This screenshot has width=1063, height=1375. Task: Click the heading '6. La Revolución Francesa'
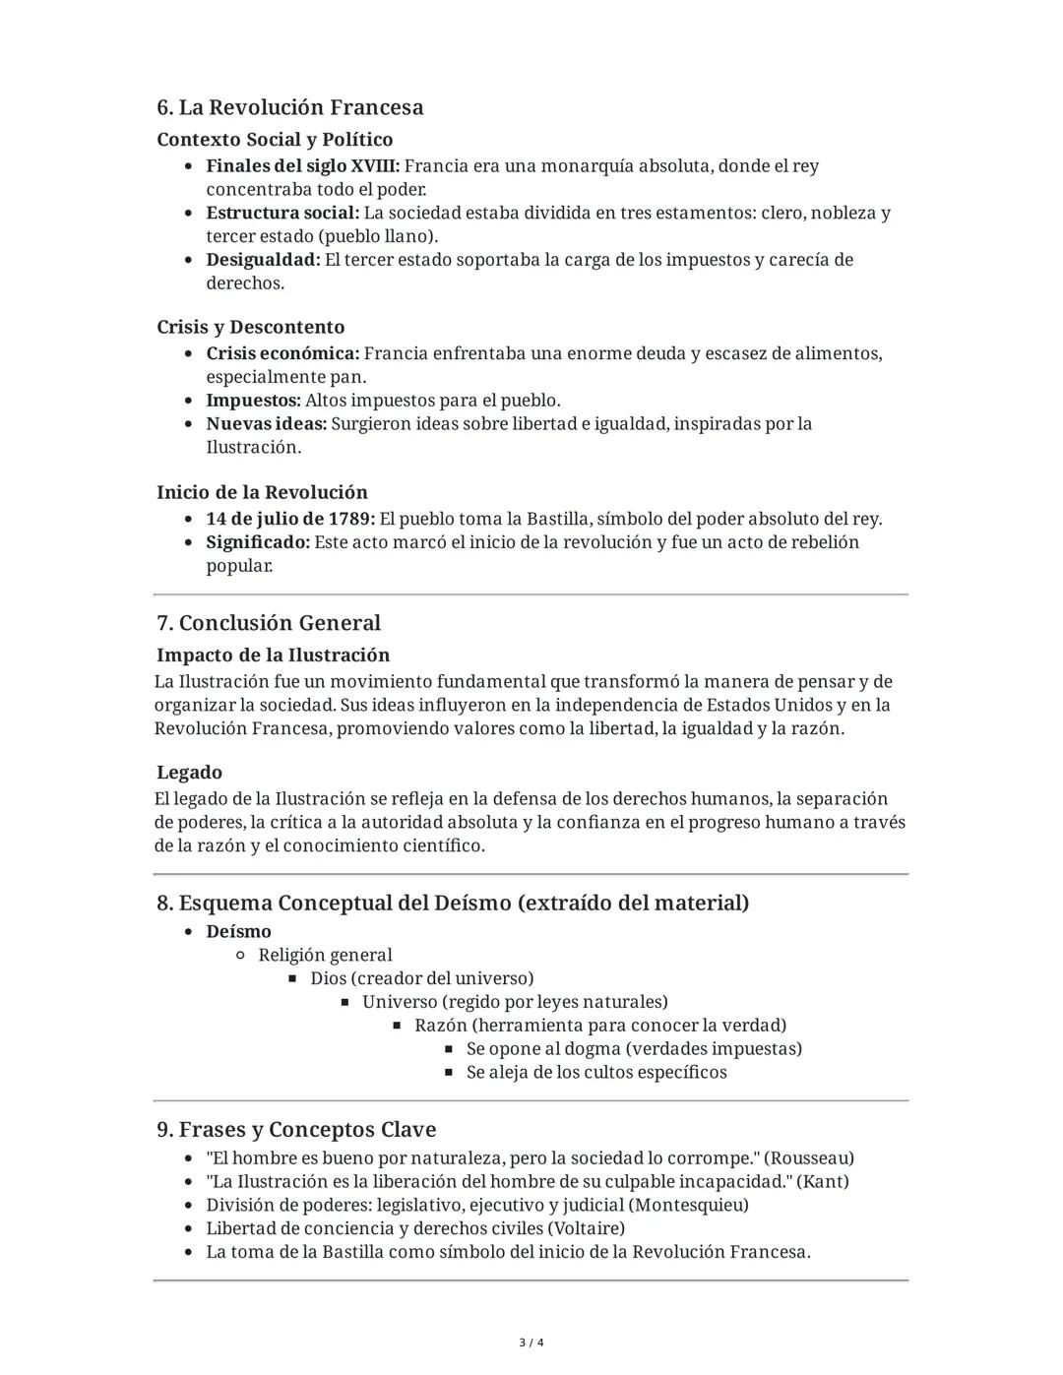289,107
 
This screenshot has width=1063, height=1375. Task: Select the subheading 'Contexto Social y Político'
275,140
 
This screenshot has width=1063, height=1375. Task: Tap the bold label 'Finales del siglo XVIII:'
302,166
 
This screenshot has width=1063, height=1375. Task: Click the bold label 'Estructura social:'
282,214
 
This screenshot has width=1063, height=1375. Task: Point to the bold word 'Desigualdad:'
263,260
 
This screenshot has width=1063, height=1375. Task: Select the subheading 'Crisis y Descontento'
250,327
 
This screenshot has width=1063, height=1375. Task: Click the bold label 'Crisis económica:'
282,353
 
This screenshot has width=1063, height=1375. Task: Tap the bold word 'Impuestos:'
253,401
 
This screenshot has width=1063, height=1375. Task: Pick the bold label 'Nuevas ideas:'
266,424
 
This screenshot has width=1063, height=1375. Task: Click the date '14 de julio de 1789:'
289,519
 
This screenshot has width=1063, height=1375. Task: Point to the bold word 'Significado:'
258,542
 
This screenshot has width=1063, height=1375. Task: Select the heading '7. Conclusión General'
268,623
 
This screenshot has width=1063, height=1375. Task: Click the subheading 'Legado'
189,773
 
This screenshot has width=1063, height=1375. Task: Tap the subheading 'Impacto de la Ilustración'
273,656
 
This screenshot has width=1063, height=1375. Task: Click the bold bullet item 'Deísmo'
238,931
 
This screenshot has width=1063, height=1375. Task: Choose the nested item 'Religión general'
325,955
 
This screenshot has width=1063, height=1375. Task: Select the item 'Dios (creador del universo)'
421,978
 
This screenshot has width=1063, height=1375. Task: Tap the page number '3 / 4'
531,1343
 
